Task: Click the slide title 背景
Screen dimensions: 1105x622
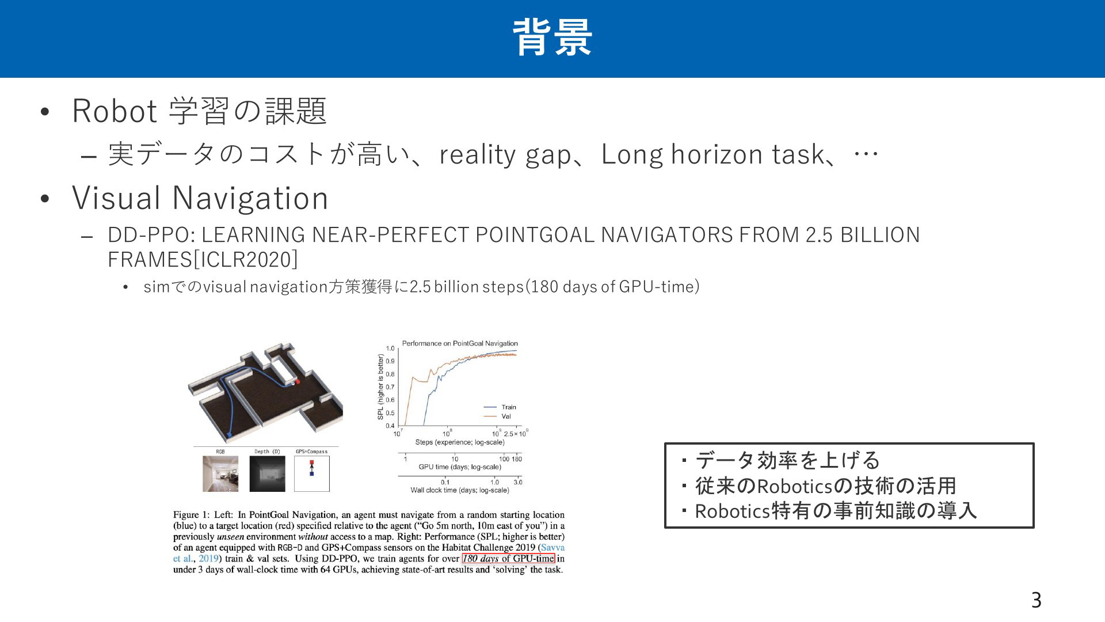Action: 552,37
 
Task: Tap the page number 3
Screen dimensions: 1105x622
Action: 1036,600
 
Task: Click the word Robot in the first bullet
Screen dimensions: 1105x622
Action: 115,111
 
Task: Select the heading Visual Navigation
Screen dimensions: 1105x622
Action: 200,198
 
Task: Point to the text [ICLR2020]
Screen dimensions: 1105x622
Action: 246,260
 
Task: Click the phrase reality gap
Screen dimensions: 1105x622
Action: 505,154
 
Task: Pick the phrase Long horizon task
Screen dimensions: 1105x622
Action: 712,154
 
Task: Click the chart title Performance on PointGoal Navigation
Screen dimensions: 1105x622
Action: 460,343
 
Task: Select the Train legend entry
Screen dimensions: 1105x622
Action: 500,407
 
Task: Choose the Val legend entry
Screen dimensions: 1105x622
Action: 497,416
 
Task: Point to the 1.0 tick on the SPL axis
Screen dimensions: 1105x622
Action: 390,348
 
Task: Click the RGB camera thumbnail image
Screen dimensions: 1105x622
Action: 220,474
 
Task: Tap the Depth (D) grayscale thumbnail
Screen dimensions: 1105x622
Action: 267,474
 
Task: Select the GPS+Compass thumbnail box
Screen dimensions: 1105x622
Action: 312,474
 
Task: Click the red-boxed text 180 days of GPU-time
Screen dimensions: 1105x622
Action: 509,559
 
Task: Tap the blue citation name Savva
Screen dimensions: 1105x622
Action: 553,548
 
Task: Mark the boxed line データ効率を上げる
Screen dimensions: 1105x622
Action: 788,460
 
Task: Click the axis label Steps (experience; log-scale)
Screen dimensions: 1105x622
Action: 460,442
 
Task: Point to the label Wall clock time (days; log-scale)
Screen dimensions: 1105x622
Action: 460,491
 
